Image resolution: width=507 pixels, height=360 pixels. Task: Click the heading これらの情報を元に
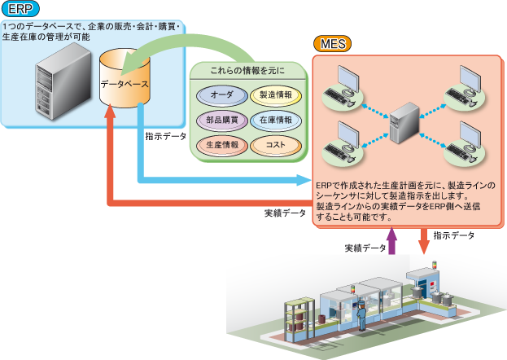point(247,72)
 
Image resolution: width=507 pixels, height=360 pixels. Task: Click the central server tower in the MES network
point(404,125)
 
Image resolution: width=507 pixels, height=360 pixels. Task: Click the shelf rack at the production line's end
point(298,322)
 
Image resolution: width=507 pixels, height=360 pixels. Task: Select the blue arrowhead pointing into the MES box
point(307,180)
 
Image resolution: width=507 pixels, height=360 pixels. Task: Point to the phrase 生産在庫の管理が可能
point(46,37)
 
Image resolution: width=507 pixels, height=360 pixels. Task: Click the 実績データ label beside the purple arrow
point(365,248)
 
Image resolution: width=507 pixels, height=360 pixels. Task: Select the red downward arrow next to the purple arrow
point(424,241)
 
